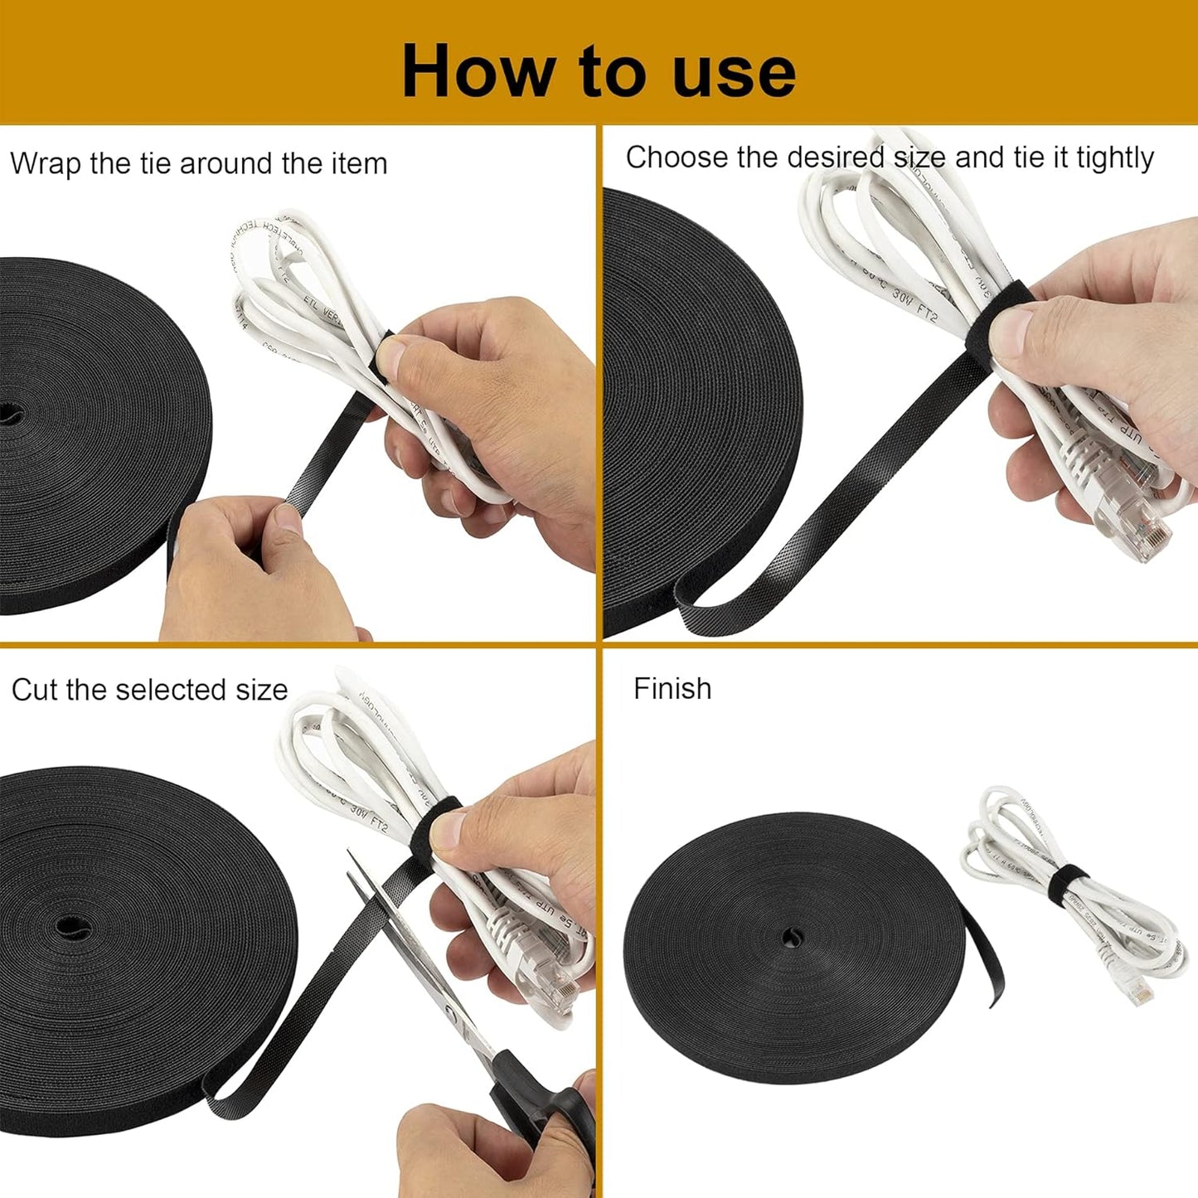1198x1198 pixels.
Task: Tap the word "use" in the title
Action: [734, 73]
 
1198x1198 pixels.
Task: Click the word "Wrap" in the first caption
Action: [46, 163]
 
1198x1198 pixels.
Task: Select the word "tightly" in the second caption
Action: [1114, 158]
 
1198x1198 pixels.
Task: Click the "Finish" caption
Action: [672, 689]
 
